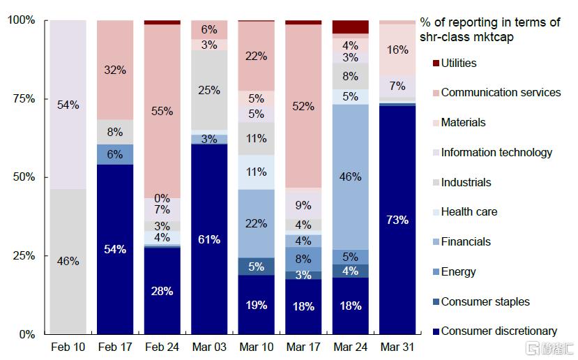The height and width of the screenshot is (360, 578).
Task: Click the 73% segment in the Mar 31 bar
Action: (x=397, y=220)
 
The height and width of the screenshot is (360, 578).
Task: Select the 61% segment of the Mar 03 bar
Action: (x=209, y=239)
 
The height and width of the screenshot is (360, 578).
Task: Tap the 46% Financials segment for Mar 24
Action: (x=350, y=177)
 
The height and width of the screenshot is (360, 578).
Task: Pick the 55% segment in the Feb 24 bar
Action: (x=162, y=111)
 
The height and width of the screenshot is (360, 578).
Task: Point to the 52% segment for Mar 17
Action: (x=303, y=106)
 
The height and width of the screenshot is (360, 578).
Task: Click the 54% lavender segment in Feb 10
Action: (x=68, y=105)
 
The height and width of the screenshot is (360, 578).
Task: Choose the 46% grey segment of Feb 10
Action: (x=68, y=262)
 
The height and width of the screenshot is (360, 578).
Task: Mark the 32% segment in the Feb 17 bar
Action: (x=115, y=70)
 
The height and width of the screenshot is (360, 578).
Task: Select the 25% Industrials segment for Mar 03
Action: (x=209, y=90)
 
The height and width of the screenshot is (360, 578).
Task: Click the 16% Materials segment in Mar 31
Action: (x=397, y=50)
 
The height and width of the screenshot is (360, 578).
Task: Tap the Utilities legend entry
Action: (x=458, y=63)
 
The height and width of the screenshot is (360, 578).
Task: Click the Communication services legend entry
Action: (x=500, y=93)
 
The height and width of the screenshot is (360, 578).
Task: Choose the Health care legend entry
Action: (x=469, y=212)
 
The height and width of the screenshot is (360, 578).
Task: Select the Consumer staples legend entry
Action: (x=485, y=302)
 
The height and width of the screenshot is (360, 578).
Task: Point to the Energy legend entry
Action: (x=458, y=272)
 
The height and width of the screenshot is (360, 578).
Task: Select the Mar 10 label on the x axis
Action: (x=256, y=347)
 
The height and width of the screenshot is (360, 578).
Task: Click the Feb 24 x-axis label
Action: (x=162, y=347)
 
